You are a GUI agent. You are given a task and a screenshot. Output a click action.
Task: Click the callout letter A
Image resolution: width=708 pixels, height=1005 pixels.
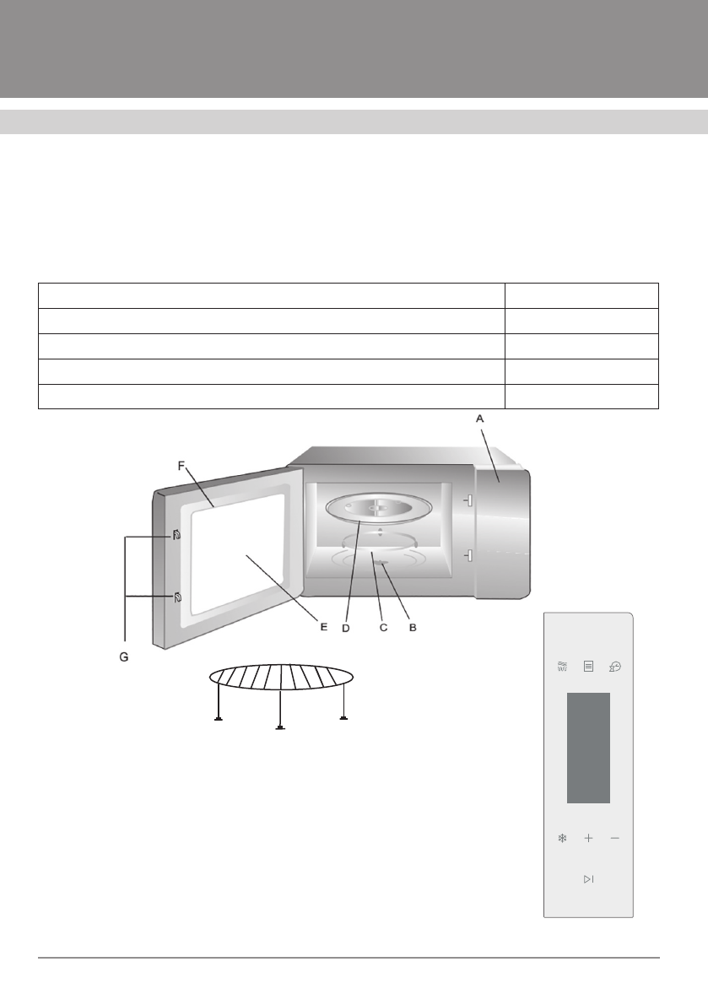coord(479,419)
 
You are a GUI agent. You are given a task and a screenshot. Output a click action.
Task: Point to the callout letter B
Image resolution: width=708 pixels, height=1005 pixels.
coord(413,628)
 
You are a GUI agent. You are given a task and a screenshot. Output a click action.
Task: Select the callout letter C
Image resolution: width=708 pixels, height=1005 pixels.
coord(383,628)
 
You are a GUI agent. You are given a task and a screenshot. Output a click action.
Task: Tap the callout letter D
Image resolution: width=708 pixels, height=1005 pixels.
coord(346,628)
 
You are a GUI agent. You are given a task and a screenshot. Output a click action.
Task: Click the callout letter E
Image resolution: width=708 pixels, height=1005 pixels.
coord(323,626)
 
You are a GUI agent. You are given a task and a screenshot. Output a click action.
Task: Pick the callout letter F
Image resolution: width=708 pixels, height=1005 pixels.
coord(181,466)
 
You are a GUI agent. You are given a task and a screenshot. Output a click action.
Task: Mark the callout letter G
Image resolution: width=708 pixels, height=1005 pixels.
coord(124,657)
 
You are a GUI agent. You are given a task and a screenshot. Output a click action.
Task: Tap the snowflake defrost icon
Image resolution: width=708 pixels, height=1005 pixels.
coord(563,838)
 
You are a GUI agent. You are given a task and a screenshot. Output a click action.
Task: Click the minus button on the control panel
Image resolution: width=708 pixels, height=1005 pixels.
coord(615,838)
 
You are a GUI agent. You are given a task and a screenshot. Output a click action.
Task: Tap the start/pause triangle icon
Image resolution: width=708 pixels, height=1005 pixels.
coord(588,878)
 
